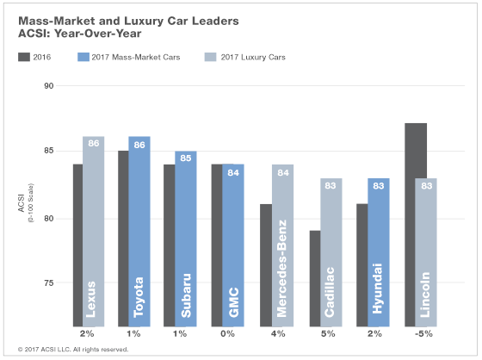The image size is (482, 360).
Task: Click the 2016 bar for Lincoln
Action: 415,224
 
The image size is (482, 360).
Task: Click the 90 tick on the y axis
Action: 50,86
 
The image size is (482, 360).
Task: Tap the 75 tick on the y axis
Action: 50,283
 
